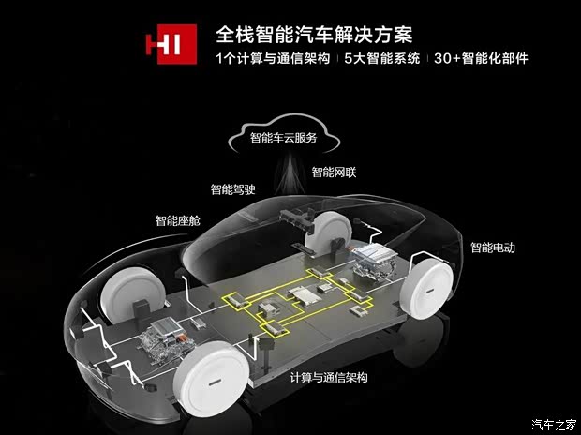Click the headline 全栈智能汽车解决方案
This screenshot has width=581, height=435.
(314, 36)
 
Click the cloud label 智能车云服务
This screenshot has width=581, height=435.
(283, 139)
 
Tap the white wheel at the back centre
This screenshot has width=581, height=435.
(329, 229)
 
